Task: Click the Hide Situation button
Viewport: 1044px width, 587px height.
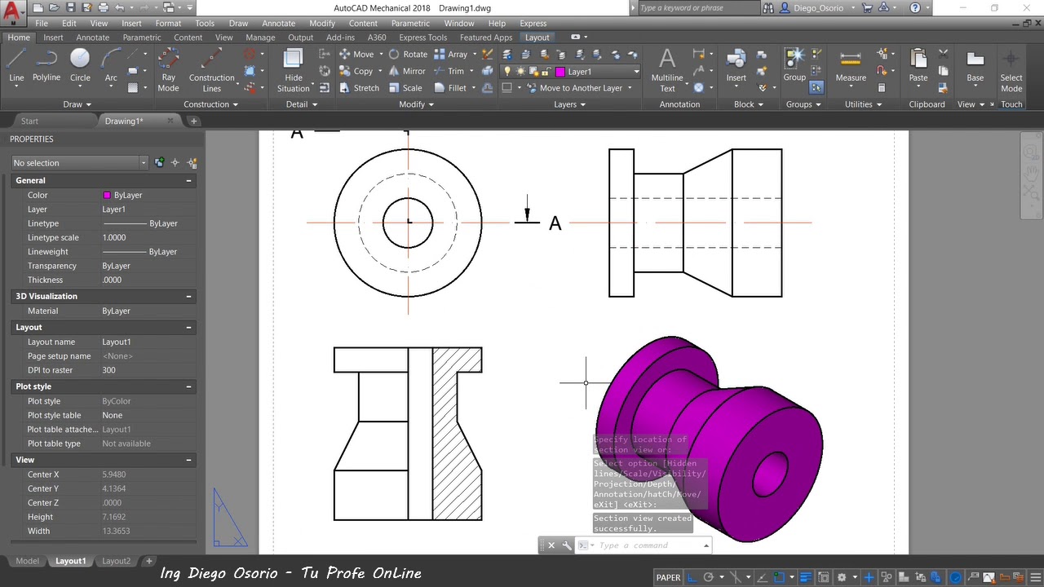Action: (293, 69)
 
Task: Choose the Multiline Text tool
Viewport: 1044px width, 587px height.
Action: (667, 69)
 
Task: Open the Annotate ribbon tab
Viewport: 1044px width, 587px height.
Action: (92, 38)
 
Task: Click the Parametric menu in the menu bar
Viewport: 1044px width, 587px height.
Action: (410, 24)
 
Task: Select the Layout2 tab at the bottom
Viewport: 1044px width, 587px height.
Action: (116, 561)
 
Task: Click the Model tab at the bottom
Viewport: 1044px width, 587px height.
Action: (27, 561)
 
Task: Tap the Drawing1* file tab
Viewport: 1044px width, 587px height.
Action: (124, 121)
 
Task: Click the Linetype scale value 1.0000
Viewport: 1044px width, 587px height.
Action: (114, 237)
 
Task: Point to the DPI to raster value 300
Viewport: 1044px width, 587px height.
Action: (108, 370)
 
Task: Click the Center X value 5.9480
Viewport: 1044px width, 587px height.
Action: (114, 474)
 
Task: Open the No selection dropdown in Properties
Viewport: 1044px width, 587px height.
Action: (79, 163)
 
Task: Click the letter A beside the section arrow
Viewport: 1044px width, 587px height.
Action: (555, 223)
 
